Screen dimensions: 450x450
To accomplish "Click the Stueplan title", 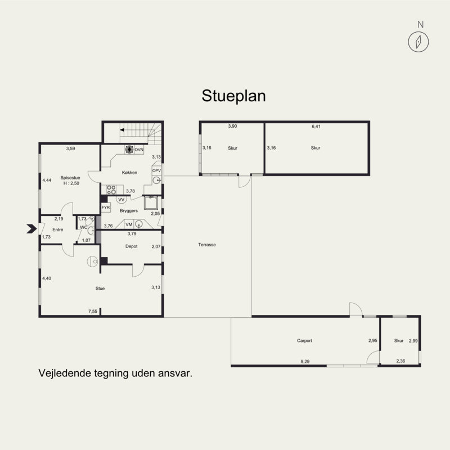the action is (233, 96).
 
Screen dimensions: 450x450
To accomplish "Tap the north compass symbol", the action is (418, 42).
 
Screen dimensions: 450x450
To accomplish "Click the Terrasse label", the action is (207, 245).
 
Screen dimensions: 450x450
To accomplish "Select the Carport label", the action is (304, 341).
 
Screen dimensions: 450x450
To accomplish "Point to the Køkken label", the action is (129, 173).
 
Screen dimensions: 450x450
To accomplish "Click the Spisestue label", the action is (70, 178).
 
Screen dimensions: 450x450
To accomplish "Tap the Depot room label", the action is (132, 246).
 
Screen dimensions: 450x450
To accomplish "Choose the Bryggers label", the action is (129, 210).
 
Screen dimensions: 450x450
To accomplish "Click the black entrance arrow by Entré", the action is (31, 229).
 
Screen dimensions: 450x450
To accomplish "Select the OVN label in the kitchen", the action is (139, 150).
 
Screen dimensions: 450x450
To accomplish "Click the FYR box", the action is (106, 208).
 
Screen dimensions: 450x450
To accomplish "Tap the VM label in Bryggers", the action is (129, 224).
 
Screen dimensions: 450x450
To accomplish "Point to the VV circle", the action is (121, 200).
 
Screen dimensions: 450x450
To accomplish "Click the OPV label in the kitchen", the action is (156, 171).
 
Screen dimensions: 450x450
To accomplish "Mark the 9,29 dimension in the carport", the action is (305, 362).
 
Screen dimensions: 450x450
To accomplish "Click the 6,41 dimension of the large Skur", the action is (316, 126).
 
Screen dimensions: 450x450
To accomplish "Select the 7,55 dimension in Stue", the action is (93, 312).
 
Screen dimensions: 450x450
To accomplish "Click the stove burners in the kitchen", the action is (111, 190).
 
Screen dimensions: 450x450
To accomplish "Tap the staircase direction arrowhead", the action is (122, 130).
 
